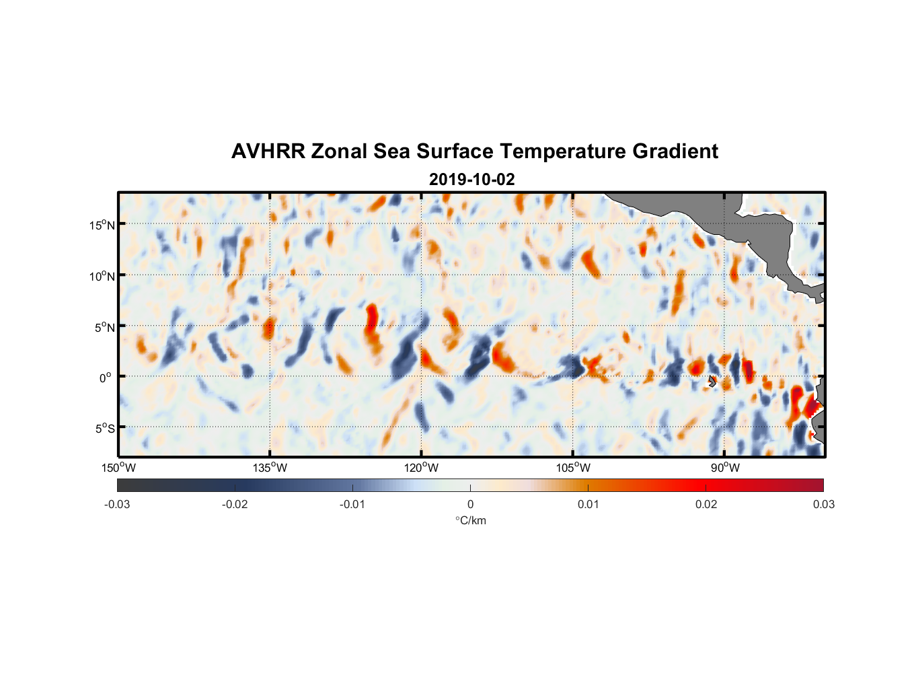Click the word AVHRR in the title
pyautogui.click(x=268, y=151)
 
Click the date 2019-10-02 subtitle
pyautogui.click(x=471, y=180)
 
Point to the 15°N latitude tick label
pyautogui.click(x=102, y=225)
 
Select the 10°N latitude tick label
pyautogui.click(x=102, y=276)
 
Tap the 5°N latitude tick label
pyautogui.click(x=104, y=327)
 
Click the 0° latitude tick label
pyautogui.click(x=106, y=378)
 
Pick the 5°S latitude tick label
pyautogui.click(x=104, y=429)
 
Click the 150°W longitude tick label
pyautogui.click(x=118, y=468)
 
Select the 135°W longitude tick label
pyautogui.click(x=270, y=468)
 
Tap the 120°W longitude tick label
pyautogui.click(x=421, y=468)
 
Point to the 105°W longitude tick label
pyautogui.click(x=573, y=468)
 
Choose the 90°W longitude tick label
pyautogui.click(x=724, y=468)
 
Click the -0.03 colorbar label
pyautogui.click(x=117, y=504)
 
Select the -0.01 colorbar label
pyautogui.click(x=352, y=504)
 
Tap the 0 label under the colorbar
pyautogui.click(x=470, y=504)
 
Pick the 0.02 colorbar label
pyautogui.click(x=706, y=504)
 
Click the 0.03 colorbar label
pyautogui.click(x=823, y=504)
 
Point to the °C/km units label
pyautogui.click(x=470, y=520)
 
